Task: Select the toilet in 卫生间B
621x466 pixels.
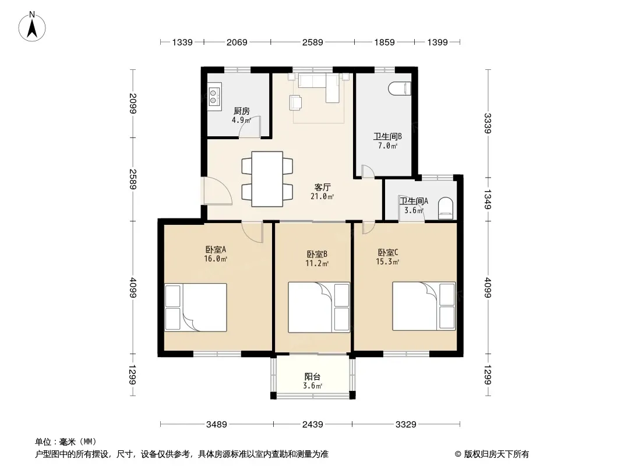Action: tap(400, 89)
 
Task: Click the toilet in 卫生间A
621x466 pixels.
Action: tap(446, 209)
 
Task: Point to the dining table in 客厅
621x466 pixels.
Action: tap(267, 179)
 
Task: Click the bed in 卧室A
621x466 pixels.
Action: tap(196, 307)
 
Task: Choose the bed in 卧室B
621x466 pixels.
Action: tap(319, 307)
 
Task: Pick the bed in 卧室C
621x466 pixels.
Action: tap(424, 306)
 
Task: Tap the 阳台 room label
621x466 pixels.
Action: tap(312, 376)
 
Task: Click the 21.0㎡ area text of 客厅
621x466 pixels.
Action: tap(322, 196)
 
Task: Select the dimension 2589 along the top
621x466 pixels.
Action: tap(312, 42)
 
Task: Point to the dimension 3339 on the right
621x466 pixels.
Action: tap(488, 123)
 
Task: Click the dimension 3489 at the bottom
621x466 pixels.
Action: tap(217, 425)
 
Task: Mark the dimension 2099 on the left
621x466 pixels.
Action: tap(133, 103)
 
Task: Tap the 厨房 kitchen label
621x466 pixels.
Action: tap(242, 111)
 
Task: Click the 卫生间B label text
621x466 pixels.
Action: tap(388, 136)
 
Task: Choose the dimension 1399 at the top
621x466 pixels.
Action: tap(437, 42)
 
